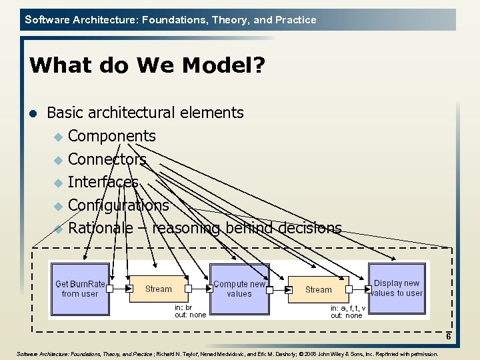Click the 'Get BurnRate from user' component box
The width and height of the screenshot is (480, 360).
tap(79, 289)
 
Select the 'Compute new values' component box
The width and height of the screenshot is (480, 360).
tap(239, 289)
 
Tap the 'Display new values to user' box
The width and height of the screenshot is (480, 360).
tap(397, 288)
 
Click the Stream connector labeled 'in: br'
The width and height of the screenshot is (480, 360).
tap(159, 289)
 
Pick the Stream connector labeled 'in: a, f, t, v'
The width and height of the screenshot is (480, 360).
tap(318, 289)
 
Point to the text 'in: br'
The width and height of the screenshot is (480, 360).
tap(183, 308)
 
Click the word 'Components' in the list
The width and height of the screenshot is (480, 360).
tap(112, 136)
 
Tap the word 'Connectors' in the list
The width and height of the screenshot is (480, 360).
tap(107, 159)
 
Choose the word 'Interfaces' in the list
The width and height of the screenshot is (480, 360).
tap(103, 182)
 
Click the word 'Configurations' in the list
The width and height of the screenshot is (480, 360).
tap(119, 205)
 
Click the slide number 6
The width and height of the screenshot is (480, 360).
tap(449, 337)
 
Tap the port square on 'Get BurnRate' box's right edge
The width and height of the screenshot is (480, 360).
tap(110, 289)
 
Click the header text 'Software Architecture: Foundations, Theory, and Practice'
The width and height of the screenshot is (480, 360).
tap(171, 20)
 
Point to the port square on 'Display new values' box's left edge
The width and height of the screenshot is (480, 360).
tap(367, 289)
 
